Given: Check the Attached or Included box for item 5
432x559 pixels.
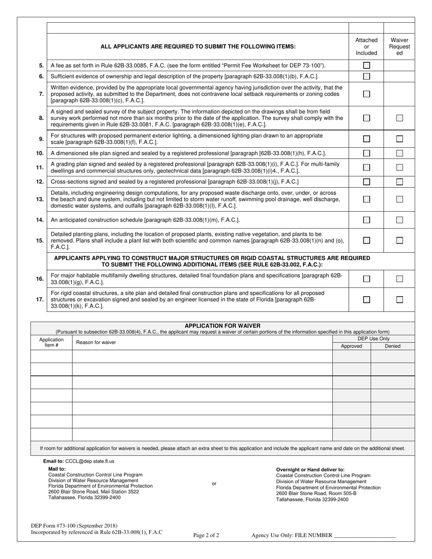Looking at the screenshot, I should tap(367, 65).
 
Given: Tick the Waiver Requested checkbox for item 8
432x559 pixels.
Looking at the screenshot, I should tap(399, 118).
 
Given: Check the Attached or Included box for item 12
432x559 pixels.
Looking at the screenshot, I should tap(367, 182).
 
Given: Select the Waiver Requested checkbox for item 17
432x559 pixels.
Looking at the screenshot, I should tap(399, 299).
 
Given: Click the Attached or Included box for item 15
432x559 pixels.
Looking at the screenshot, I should tap(367, 240).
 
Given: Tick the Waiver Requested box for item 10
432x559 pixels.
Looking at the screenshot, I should tap(399, 153).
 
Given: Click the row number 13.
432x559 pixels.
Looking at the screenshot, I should tap(40, 199).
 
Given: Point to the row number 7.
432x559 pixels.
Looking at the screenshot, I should tap(41, 94).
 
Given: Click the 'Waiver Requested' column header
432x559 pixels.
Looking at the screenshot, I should tap(399, 46).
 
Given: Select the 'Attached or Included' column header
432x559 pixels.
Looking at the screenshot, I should tap(367, 46).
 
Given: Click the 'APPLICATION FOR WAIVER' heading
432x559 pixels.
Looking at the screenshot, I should tap(222, 326).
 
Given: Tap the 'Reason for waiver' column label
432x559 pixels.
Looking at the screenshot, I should tap(96, 342).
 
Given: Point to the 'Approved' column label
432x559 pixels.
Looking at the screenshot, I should tap(352, 346).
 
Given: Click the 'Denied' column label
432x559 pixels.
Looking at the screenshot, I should tap(392, 346).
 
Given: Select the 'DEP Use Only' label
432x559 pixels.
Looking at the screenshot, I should tap(373, 339).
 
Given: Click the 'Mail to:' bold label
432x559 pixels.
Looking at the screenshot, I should tap(57, 469).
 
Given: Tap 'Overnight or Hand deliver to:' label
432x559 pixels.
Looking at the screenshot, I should tap(310, 469).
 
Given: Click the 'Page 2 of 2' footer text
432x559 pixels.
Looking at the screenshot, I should tap(206, 535).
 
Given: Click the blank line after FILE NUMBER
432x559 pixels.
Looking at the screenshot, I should tap(365, 536).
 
